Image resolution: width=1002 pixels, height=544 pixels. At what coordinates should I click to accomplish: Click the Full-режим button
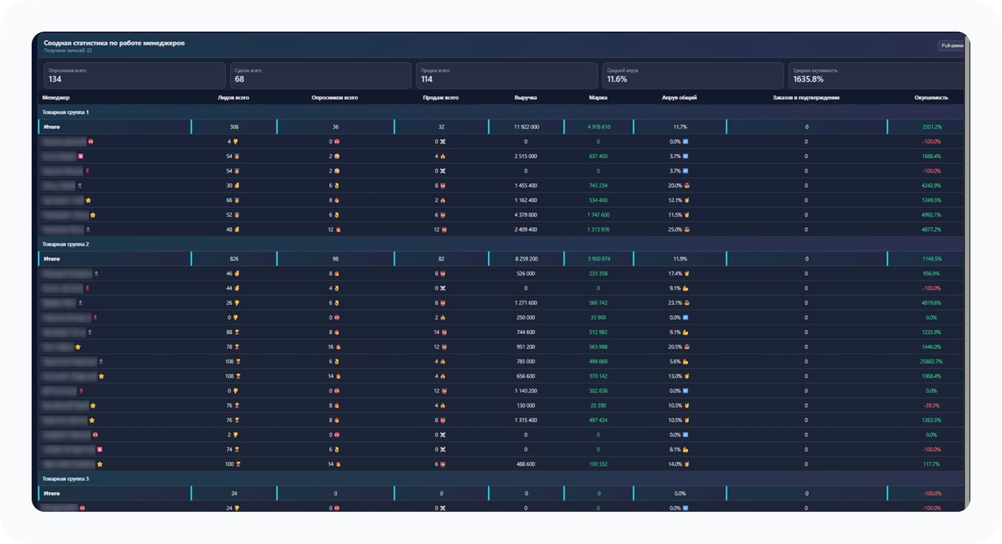click(951, 45)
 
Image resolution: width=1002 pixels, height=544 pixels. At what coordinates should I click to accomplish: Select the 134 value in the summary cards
click(55, 79)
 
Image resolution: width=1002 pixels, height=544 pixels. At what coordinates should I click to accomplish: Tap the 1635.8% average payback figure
click(808, 79)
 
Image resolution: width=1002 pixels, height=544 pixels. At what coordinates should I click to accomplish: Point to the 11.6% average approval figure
click(617, 79)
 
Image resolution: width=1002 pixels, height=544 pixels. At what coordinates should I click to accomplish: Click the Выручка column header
click(525, 97)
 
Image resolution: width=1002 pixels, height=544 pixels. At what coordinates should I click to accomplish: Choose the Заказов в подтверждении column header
click(806, 97)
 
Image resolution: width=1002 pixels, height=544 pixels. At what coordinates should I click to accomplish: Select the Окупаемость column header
click(931, 97)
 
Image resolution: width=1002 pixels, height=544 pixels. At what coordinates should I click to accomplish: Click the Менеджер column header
click(56, 97)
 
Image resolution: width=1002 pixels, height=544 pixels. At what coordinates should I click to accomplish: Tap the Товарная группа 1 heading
click(65, 112)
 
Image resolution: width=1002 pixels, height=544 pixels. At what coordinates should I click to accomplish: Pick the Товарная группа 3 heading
click(65, 479)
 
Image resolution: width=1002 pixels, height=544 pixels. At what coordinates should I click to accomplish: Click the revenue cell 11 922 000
click(526, 127)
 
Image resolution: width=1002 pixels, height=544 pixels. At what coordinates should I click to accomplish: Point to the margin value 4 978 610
click(599, 127)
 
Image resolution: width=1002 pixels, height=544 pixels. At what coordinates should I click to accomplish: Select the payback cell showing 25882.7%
click(931, 362)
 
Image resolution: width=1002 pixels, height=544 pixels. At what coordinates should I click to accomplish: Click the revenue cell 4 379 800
click(525, 215)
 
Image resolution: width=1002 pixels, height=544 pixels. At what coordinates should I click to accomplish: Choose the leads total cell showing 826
click(234, 259)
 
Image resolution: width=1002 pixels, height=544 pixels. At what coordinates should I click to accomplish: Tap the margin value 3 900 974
click(599, 259)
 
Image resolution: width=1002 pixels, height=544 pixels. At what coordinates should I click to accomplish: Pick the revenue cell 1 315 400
click(525, 420)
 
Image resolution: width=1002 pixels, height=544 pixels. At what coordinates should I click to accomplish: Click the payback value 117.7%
click(931, 464)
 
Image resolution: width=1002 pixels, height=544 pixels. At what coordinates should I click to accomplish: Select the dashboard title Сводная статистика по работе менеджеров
click(114, 43)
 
